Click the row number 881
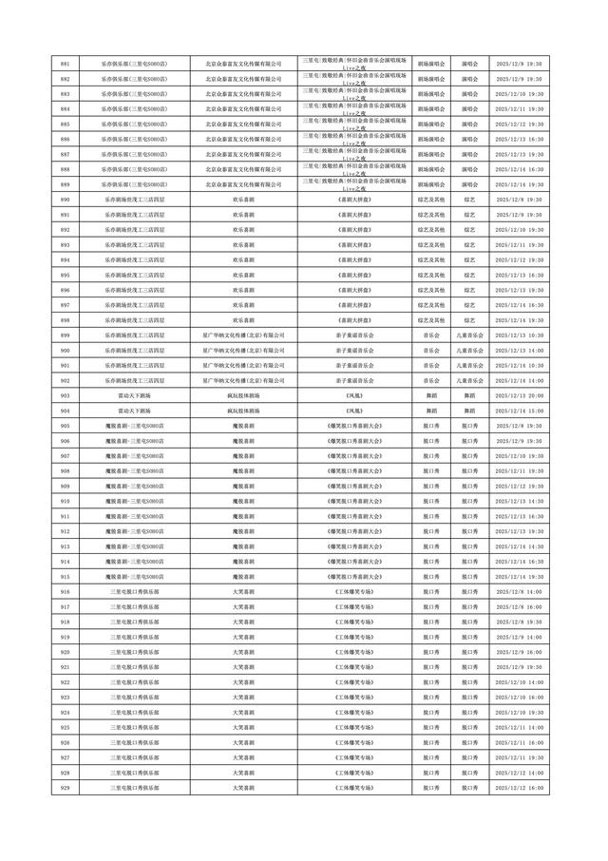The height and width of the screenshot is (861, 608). pos(65,64)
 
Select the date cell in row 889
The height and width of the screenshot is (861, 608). pos(519,184)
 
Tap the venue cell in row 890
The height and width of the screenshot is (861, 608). pos(134,200)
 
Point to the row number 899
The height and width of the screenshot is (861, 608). pos(65,335)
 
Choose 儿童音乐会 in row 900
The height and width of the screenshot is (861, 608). pos(469,351)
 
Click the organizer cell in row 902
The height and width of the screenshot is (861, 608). pos(244,380)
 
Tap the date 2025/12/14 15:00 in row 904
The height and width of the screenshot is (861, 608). pos(519,411)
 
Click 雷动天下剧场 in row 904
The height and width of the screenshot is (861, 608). pos(134,411)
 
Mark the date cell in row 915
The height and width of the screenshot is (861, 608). pos(519,577)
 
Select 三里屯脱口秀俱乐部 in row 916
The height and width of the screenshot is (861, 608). pos(134,591)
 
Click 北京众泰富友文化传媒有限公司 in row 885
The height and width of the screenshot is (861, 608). pos(244,124)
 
